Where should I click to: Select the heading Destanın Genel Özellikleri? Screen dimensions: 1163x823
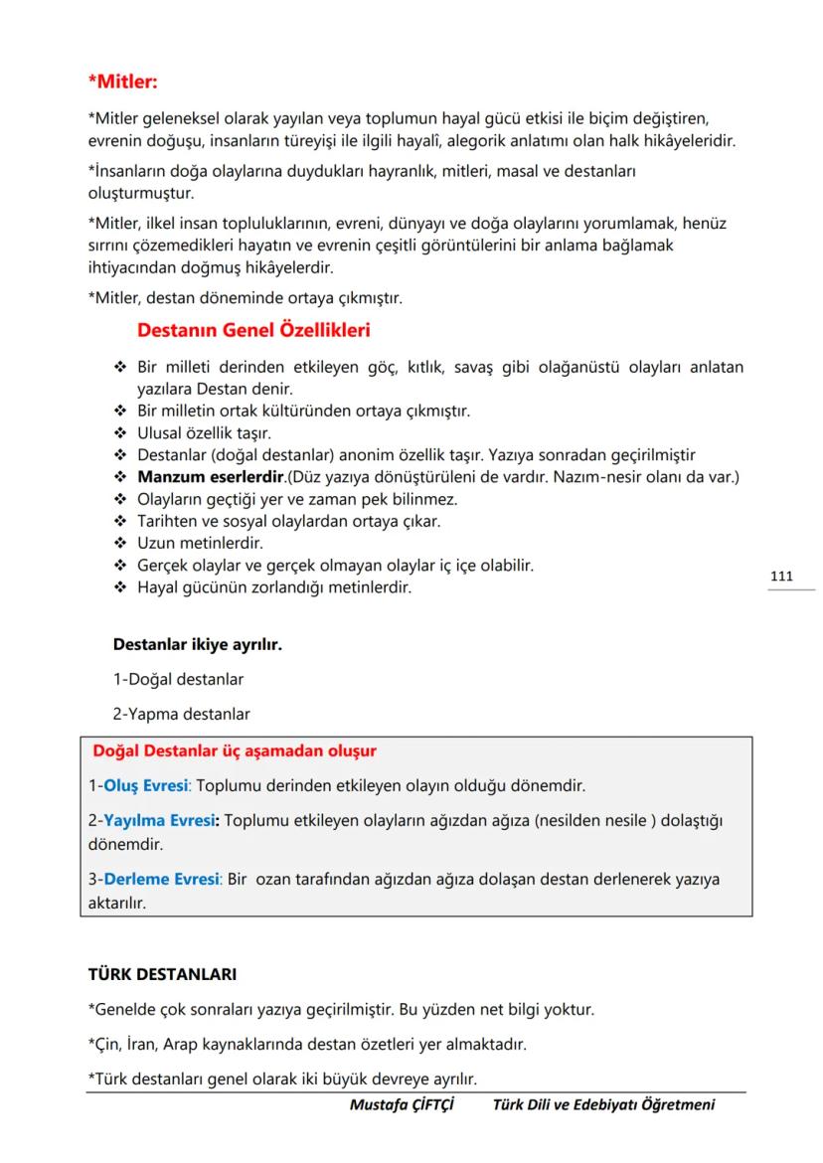(x=253, y=328)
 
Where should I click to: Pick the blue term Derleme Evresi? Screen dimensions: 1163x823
(x=161, y=880)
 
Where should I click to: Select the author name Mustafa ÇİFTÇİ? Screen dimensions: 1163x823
(x=403, y=1104)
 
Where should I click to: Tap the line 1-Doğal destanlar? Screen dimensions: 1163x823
(x=179, y=680)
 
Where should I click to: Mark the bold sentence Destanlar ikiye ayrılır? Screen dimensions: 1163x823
(x=198, y=645)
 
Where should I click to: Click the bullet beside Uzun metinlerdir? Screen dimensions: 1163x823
(x=121, y=544)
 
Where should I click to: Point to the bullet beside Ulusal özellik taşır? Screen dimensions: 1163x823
(x=121, y=433)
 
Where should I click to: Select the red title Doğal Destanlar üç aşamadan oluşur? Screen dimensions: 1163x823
(x=235, y=750)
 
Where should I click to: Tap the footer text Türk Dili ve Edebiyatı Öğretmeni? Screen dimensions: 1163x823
(x=603, y=1104)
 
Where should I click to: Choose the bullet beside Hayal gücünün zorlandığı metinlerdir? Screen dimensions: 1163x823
(x=121, y=587)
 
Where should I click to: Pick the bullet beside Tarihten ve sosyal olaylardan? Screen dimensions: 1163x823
(x=121, y=521)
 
